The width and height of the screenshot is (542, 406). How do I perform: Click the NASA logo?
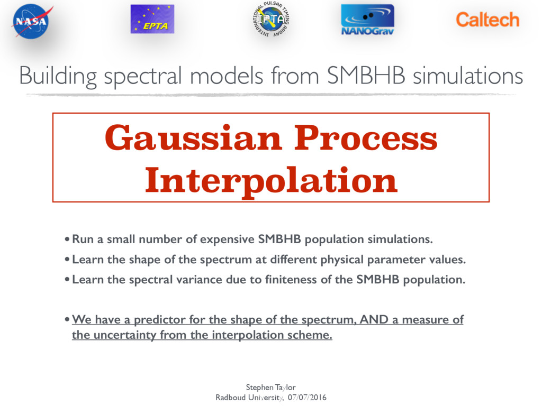point(32,21)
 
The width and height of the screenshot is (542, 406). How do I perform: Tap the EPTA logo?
point(152,19)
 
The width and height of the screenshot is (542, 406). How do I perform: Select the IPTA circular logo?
point(271,20)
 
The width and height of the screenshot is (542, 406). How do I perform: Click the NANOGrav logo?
point(367,20)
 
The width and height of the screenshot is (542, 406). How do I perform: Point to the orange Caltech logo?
point(487,20)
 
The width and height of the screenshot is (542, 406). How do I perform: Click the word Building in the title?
point(58,76)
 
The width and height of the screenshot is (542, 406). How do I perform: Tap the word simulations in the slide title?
point(468,76)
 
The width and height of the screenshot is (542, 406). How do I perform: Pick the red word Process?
point(366,138)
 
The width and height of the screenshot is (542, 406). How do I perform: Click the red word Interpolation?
point(272,181)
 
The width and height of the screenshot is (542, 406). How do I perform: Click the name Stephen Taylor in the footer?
point(270,387)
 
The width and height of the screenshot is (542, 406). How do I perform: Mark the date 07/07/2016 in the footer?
point(307,398)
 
